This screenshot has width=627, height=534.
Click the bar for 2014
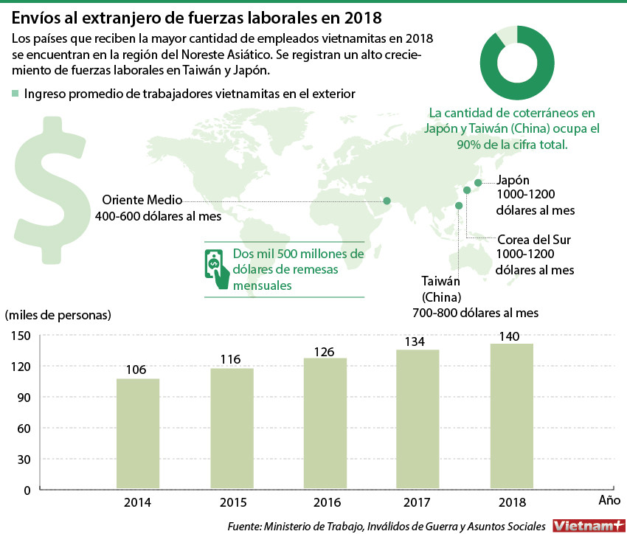pos(138,433)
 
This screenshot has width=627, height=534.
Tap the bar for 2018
pos(512,416)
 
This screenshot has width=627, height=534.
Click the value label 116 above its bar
pos(231,359)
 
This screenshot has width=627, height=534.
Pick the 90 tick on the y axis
pos(23,397)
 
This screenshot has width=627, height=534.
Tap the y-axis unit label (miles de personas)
pos(58,315)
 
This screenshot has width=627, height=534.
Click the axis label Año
pos(609,500)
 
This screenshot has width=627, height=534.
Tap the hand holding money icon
pos(215,266)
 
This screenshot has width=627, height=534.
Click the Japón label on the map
pos(513,180)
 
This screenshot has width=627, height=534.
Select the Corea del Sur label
pos(534,240)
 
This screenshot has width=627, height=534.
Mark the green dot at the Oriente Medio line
pos(386,201)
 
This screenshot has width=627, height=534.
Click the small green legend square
pos(15,94)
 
